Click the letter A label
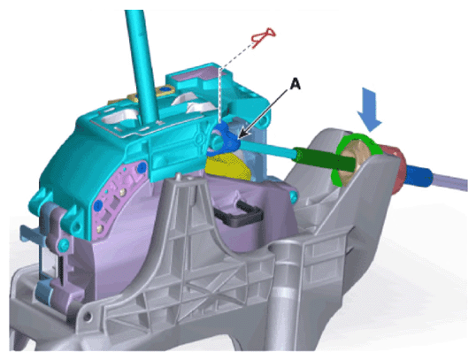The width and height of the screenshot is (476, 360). [x=295, y=84]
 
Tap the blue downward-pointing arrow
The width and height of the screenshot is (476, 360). [x=369, y=110]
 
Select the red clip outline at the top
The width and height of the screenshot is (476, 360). [x=264, y=36]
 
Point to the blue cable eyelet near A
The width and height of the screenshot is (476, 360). [x=223, y=140]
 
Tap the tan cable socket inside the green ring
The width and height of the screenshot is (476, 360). [x=355, y=161]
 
